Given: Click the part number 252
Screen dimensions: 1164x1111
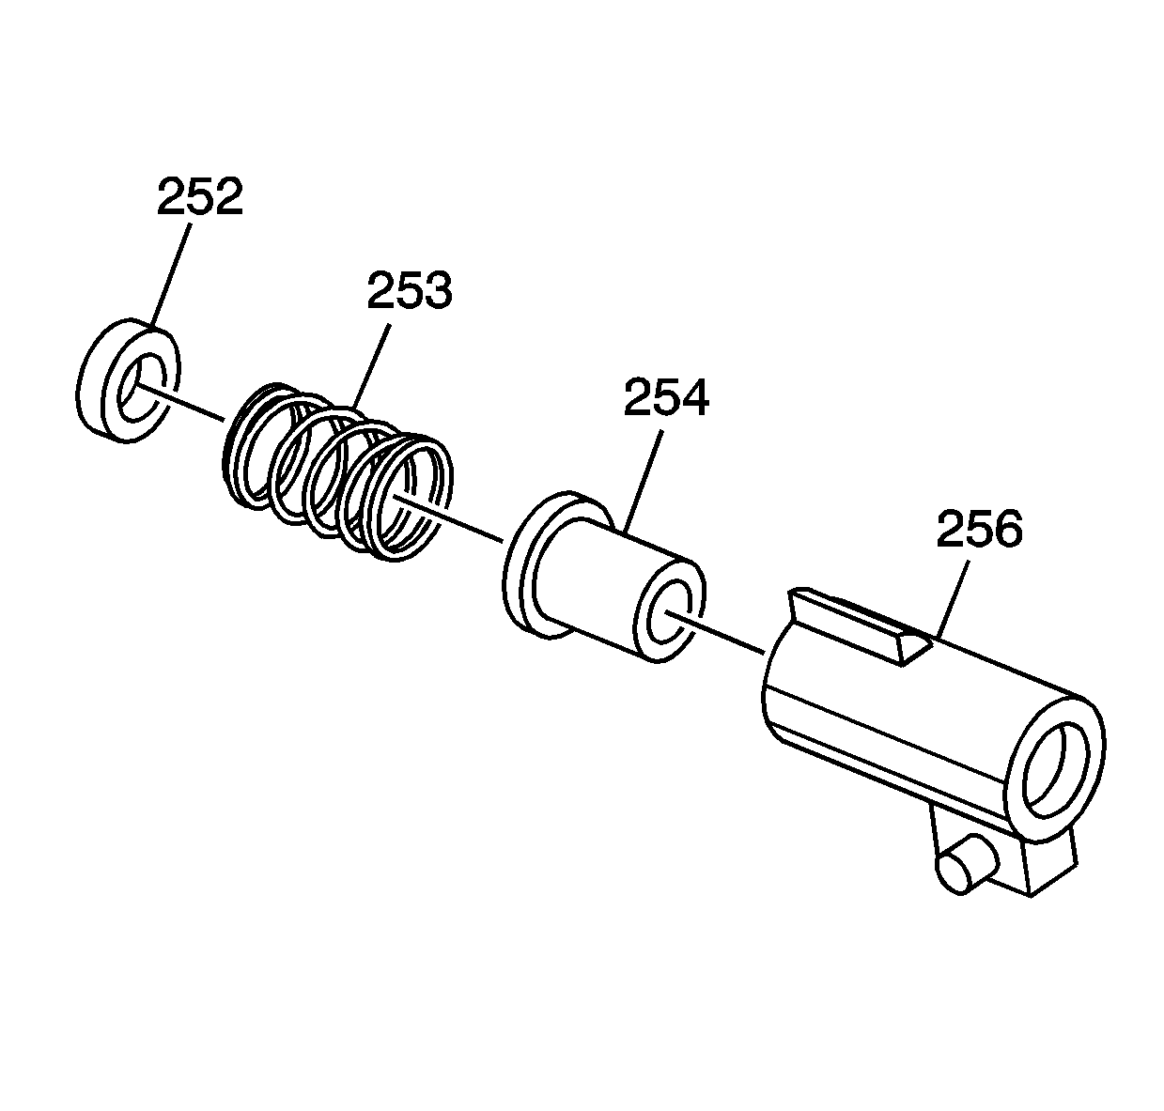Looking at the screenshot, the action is (x=200, y=196).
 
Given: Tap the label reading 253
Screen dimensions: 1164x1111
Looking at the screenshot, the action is (x=410, y=290).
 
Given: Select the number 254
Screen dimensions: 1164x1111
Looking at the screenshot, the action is (x=666, y=397).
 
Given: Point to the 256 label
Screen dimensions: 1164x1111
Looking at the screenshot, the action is (x=980, y=529).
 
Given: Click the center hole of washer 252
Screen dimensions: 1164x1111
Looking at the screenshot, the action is (x=141, y=386).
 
